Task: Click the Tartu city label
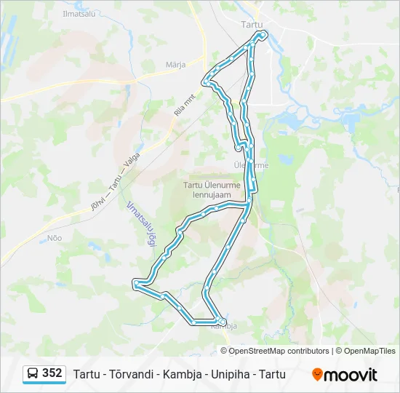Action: pyautogui.click(x=252, y=24)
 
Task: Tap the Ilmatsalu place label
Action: pyautogui.click(x=78, y=12)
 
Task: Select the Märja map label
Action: pyautogui.click(x=175, y=64)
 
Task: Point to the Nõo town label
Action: pyautogui.click(x=54, y=237)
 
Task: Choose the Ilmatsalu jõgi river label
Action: pyautogui.click(x=140, y=224)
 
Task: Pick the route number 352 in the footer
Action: pyautogui.click(x=52, y=373)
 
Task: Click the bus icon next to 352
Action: pyautogui.click(x=33, y=374)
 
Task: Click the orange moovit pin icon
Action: pyautogui.click(x=317, y=375)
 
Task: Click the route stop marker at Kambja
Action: pyautogui.click(x=223, y=322)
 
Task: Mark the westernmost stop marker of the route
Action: pyautogui.click(x=135, y=283)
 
